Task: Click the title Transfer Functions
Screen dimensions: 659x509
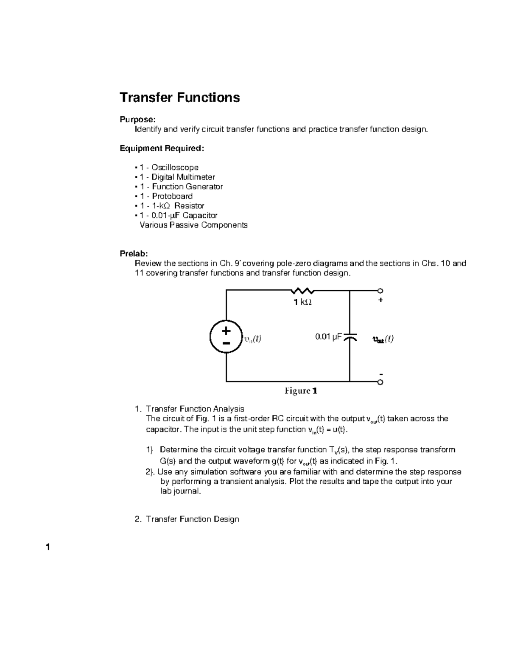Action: click(179, 98)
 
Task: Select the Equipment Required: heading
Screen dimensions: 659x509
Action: click(162, 148)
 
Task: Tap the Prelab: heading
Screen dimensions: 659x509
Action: click(134, 254)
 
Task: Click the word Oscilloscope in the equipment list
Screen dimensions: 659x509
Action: click(175, 168)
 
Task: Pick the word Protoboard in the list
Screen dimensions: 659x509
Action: click(172, 196)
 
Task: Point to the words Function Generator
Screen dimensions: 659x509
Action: click(187, 187)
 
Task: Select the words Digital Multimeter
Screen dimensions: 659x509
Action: click(183, 177)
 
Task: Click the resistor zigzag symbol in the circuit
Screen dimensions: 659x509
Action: click(302, 291)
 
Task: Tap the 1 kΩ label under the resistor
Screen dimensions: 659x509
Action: click(302, 302)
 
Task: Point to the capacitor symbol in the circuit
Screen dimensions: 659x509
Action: click(350, 338)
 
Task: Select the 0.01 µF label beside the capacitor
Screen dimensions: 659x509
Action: click(328, 337)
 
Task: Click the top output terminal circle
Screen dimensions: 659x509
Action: click(380, 291)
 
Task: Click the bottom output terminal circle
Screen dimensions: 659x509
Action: click(380, 382)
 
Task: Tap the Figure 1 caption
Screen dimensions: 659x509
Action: click(301, 391)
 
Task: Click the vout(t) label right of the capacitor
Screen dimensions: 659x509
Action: click(383, 339)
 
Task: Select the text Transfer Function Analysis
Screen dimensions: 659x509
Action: click(195, 409)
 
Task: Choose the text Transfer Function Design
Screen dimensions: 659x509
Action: click(193, 519)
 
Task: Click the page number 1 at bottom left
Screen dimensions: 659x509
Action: click(48, 547)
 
